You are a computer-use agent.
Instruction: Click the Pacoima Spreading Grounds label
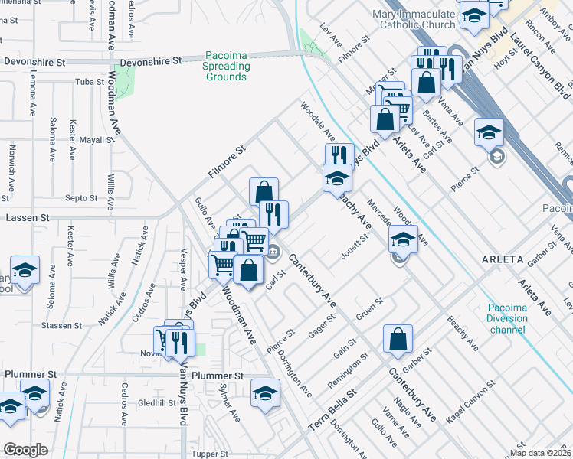tap(226, 67)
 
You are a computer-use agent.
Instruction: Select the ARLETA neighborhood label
tap(502, 259)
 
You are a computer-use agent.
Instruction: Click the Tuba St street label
tap(90, 81)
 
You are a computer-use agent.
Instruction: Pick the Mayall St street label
tap(96, 141)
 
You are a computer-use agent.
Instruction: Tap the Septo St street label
tap(81, 198)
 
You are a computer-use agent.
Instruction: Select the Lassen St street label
tap(27, 218)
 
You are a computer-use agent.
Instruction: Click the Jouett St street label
tap(355, 247)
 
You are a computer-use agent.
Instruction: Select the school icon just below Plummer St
tap(265, 393)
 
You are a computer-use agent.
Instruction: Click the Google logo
tap(25, 450)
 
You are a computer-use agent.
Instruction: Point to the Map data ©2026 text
tap(541, 453)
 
